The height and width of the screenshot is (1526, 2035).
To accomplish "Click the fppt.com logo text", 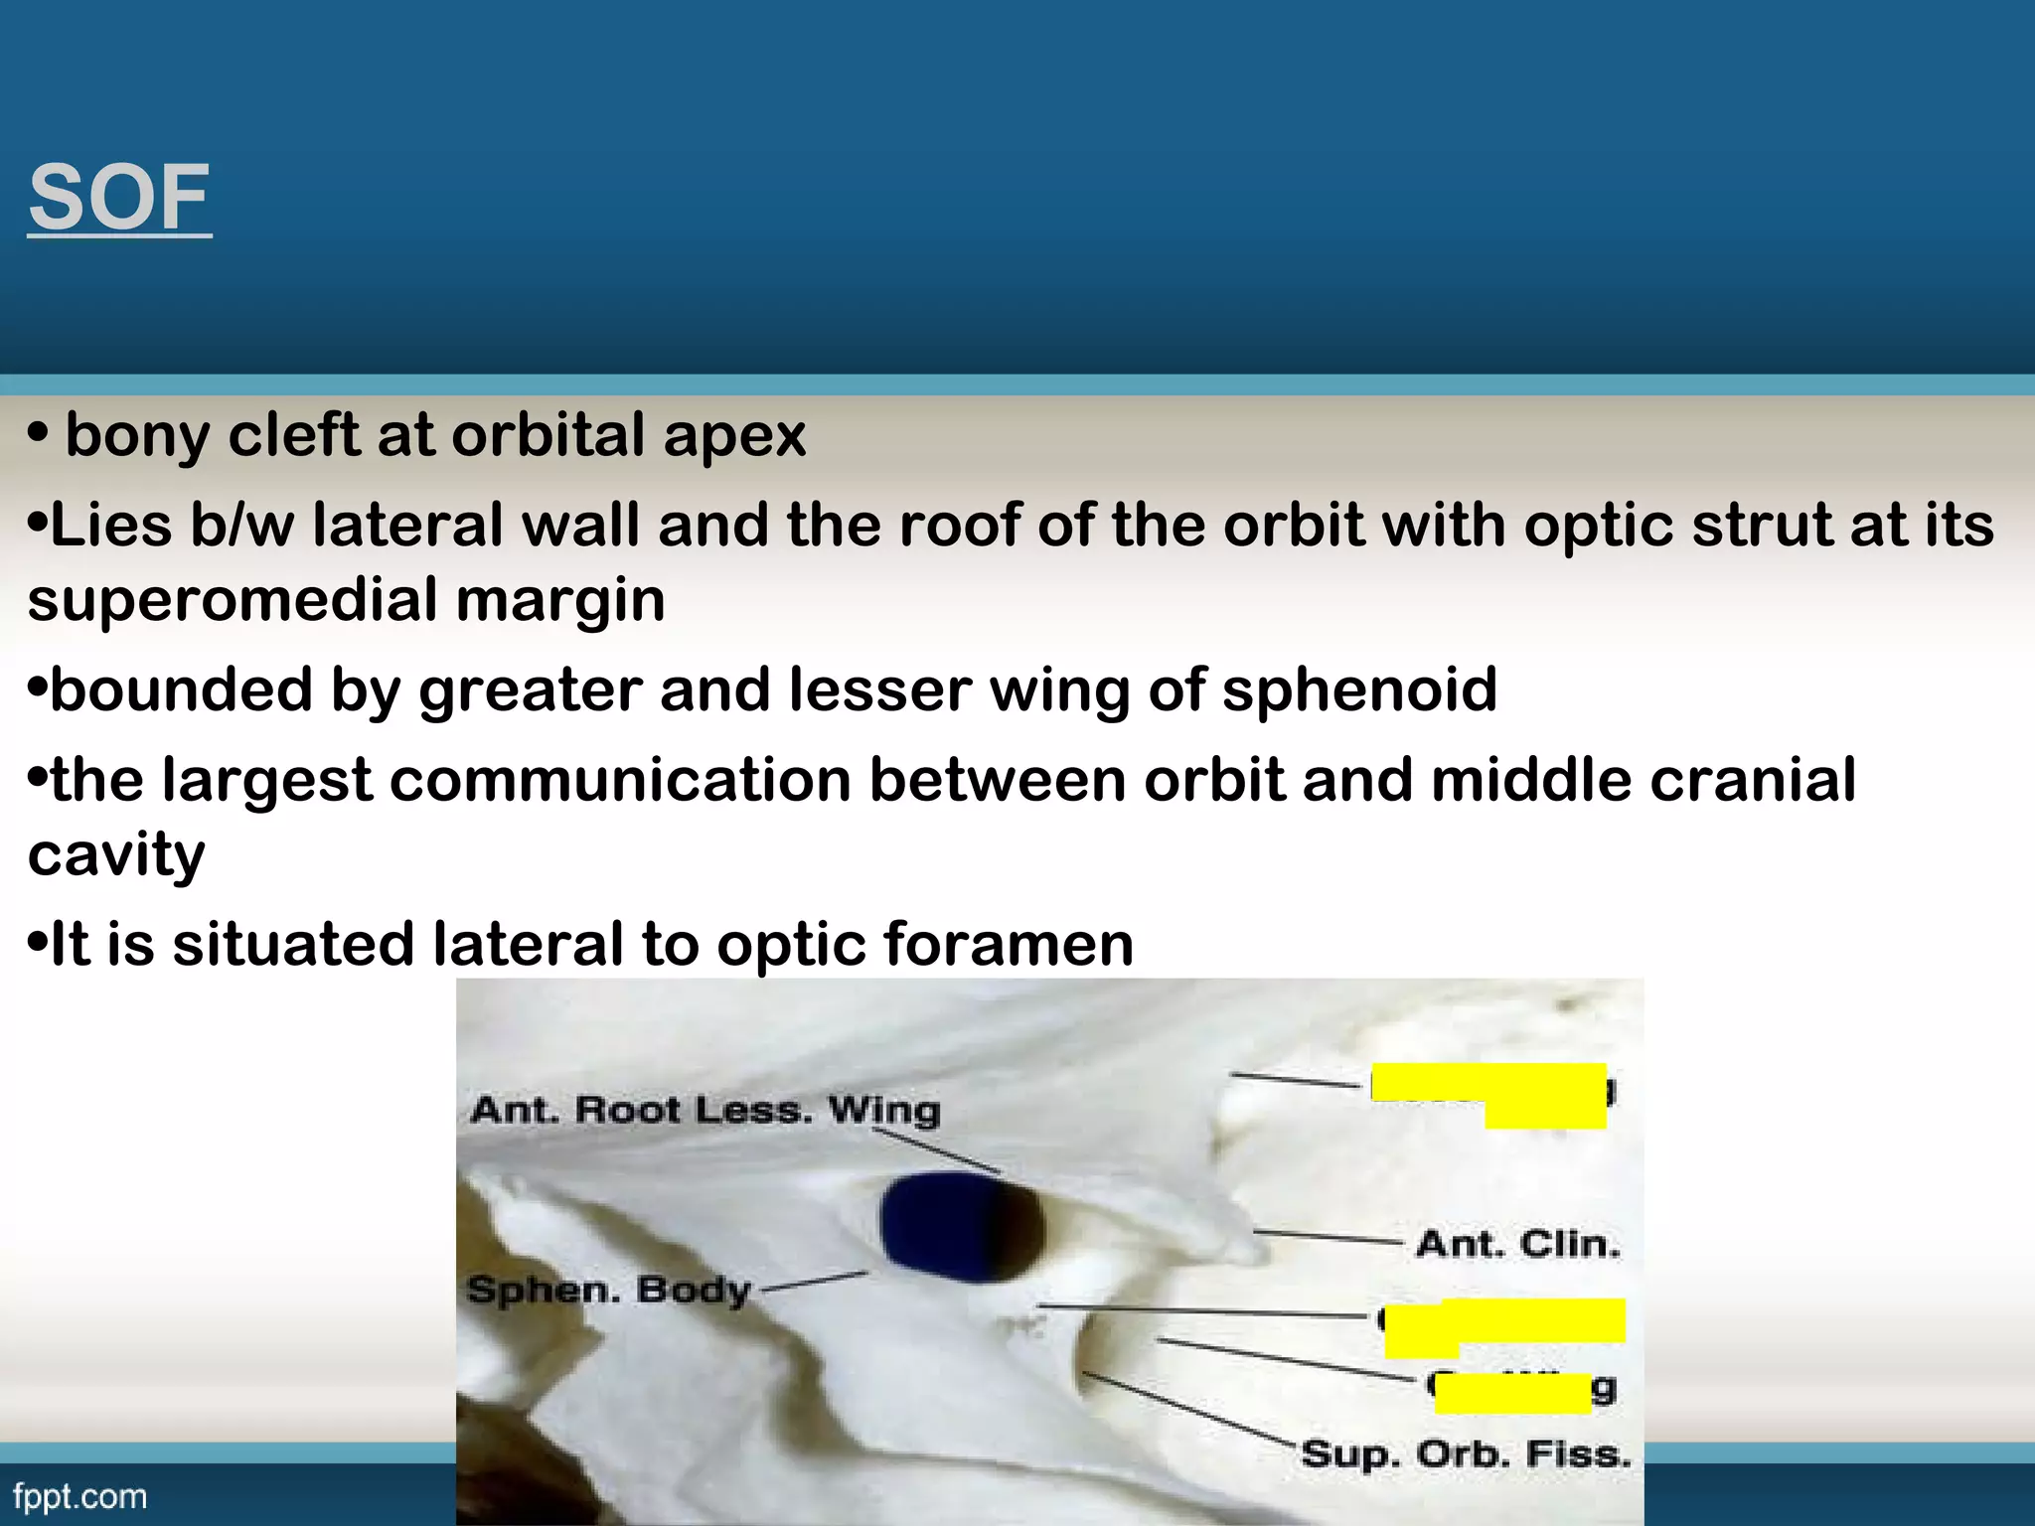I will click(x=79, y=1496).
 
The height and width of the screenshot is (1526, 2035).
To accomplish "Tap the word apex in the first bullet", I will click(x=734, y=435).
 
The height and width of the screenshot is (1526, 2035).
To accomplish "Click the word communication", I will click(x=620, y=780).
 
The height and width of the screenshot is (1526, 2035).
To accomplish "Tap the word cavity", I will click(x=116, y=854).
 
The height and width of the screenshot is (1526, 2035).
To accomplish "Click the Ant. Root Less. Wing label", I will click(x=705, y=1109).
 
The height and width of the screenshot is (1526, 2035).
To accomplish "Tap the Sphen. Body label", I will click(x=608, y=1290).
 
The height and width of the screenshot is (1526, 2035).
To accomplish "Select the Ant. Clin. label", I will click(x=1517, y=1244).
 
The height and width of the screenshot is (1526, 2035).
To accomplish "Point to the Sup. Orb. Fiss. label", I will click(x=1466, y=1453).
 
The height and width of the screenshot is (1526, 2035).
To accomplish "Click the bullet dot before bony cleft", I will click(x=38, y=433).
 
